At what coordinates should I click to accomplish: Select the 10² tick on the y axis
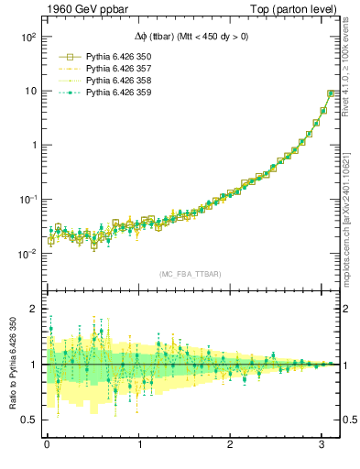(x=27, y=38)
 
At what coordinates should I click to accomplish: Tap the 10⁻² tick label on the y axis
(x=27, y=254)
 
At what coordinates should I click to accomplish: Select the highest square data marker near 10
(x=331, y=93)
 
